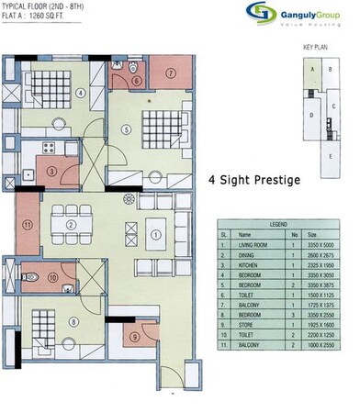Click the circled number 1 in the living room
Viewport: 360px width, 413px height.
coord(156,235)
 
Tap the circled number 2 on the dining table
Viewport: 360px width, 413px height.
coord(71,225)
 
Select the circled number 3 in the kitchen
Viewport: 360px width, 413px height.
coord(53,171)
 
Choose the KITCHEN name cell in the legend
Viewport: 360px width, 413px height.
coord(252,264)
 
